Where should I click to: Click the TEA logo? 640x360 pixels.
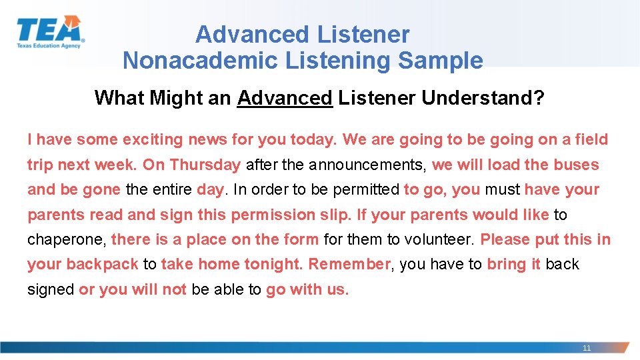50,32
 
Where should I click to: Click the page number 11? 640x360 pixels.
587,348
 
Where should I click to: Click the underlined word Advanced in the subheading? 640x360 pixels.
285,98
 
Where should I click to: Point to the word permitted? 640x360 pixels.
366,189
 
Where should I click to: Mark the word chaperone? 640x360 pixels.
66,239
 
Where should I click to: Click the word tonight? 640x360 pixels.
273,265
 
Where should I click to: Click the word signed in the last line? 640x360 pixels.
51,289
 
